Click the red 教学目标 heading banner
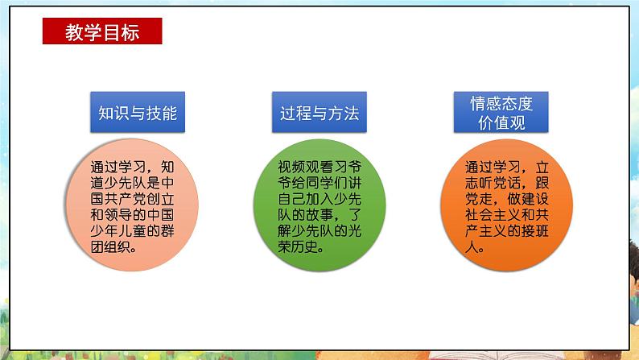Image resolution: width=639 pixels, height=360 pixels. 102,32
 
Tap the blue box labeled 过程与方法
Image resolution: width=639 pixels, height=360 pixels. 319,112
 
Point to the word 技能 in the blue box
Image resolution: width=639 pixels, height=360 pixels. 162,112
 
